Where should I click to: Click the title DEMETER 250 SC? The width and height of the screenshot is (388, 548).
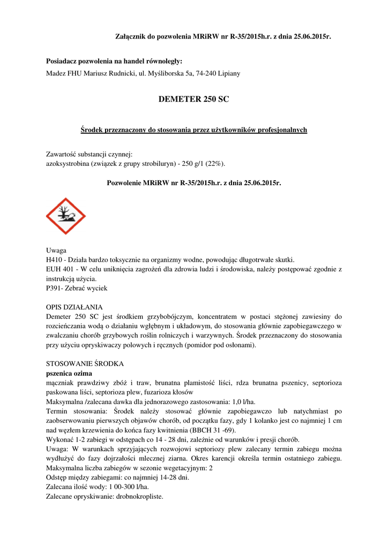pyautogui.click(x=193, y=99)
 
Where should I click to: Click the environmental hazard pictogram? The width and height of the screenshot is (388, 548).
pyautogui.click(x=66, y=216)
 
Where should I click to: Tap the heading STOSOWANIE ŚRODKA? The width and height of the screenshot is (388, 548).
pyautogui.click(x=85, y=363)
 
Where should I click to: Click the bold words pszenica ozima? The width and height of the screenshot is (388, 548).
pyautogui.click(x=69, y=373)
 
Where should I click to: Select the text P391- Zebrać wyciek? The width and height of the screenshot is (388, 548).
pyautogui.click(x=77, y=288)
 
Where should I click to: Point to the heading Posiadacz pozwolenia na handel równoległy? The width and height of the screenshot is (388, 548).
pyautogui.click(x=114, y=62)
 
